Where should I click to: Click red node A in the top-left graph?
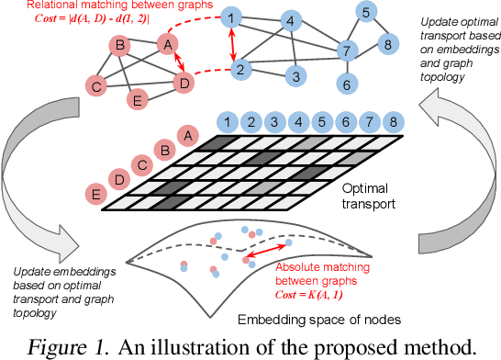coord(167,43)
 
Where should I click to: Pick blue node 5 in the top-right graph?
coord(365,13)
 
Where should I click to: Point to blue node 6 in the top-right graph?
coord(347,84)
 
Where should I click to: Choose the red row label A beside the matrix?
coord(187,136)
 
